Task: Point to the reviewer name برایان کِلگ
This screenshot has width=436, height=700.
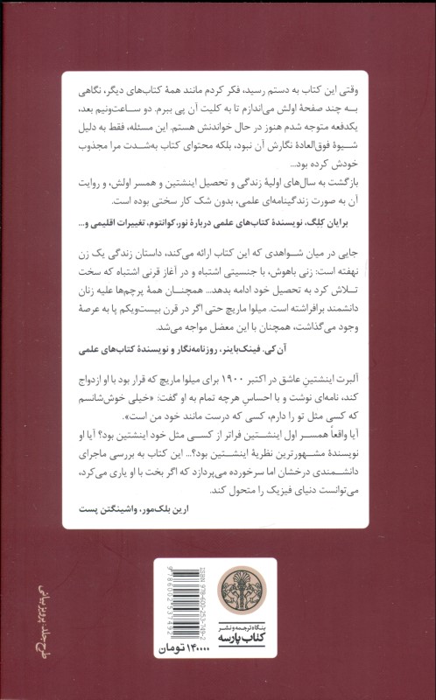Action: (x=350, y=224)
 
